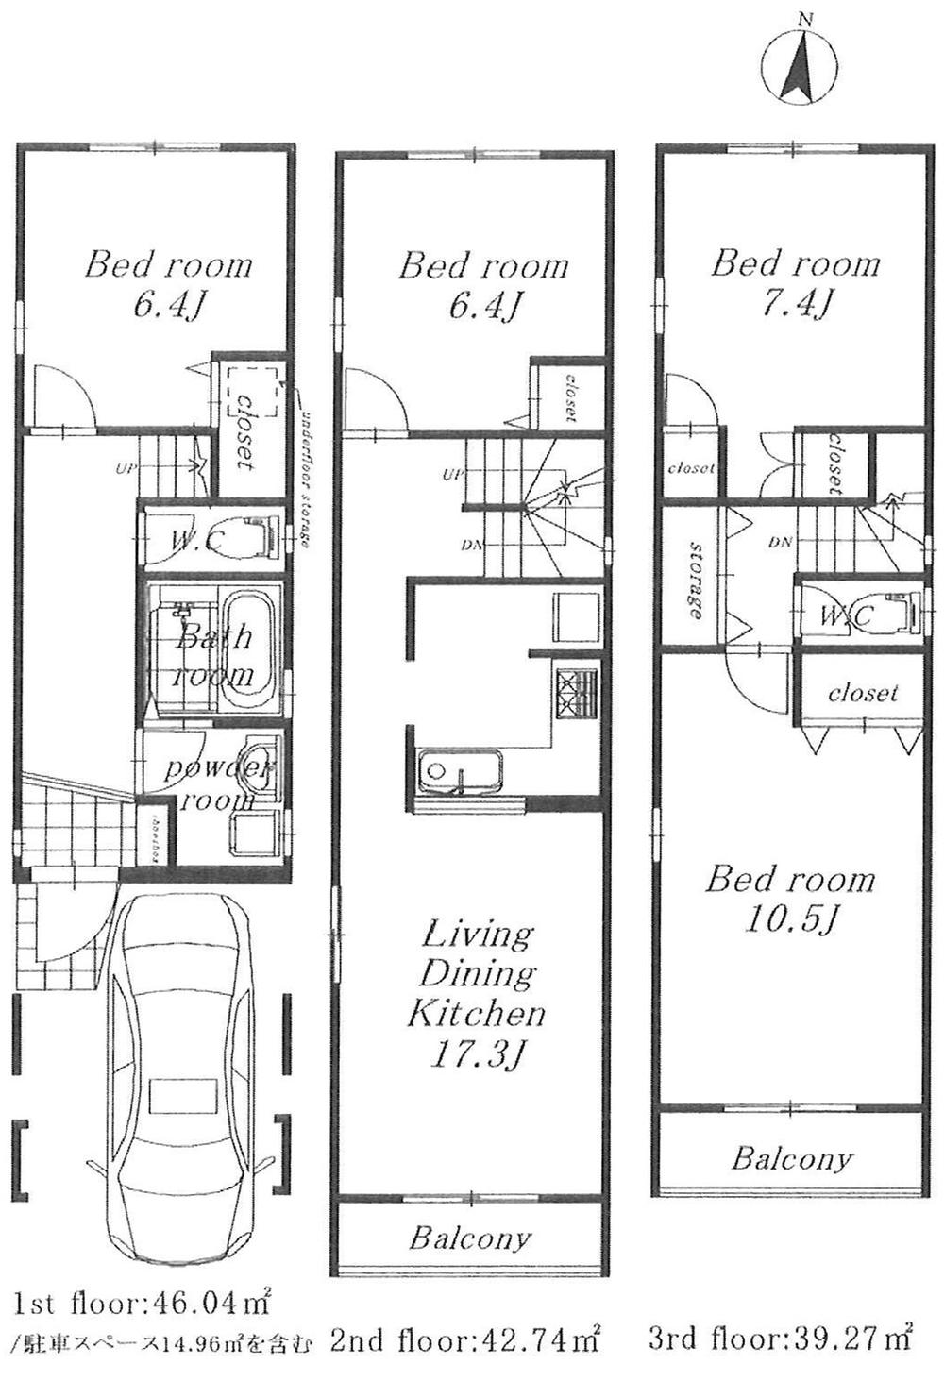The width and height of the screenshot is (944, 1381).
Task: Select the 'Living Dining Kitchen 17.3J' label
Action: tap(477, 995)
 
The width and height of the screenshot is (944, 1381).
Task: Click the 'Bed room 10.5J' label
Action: tap(790, 898)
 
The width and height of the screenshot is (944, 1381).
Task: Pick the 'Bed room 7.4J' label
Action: tap(796, 281)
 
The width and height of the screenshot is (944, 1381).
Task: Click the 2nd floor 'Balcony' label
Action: tap(470, 1238)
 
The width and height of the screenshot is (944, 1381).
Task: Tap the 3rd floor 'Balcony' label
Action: tap(791, 1157)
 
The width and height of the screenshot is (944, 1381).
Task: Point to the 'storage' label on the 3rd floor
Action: tap(697, 580)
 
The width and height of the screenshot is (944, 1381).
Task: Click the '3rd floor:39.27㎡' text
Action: tap(780, 1337)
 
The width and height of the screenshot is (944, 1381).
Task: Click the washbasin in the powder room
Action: tap(255, 769)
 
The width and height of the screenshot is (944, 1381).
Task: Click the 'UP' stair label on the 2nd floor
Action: tap(451, 475)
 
